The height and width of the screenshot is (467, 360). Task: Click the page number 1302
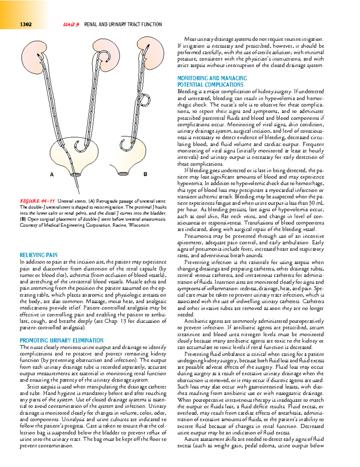click(25, 24)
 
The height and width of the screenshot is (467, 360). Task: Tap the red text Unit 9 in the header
click(71, 24)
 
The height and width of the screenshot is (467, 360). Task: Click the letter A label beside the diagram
click(52, 174)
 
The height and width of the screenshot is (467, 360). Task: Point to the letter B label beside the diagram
click(145, 174)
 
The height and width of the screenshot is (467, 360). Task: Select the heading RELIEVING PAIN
click(38, 255)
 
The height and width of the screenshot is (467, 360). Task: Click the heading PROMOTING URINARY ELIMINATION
click(61, 341)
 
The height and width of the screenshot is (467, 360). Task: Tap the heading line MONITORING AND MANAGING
click(212, 78)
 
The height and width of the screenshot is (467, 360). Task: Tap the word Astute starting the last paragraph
click(192, 439)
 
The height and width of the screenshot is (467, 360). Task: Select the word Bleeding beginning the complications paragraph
click(187, 91)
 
